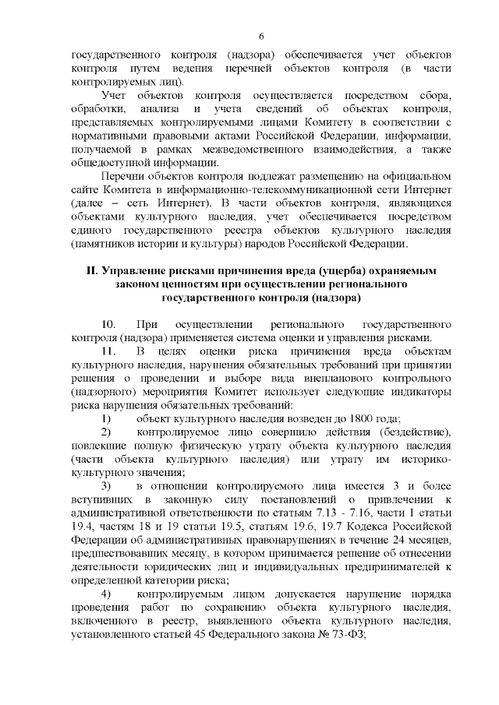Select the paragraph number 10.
(109, 323)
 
